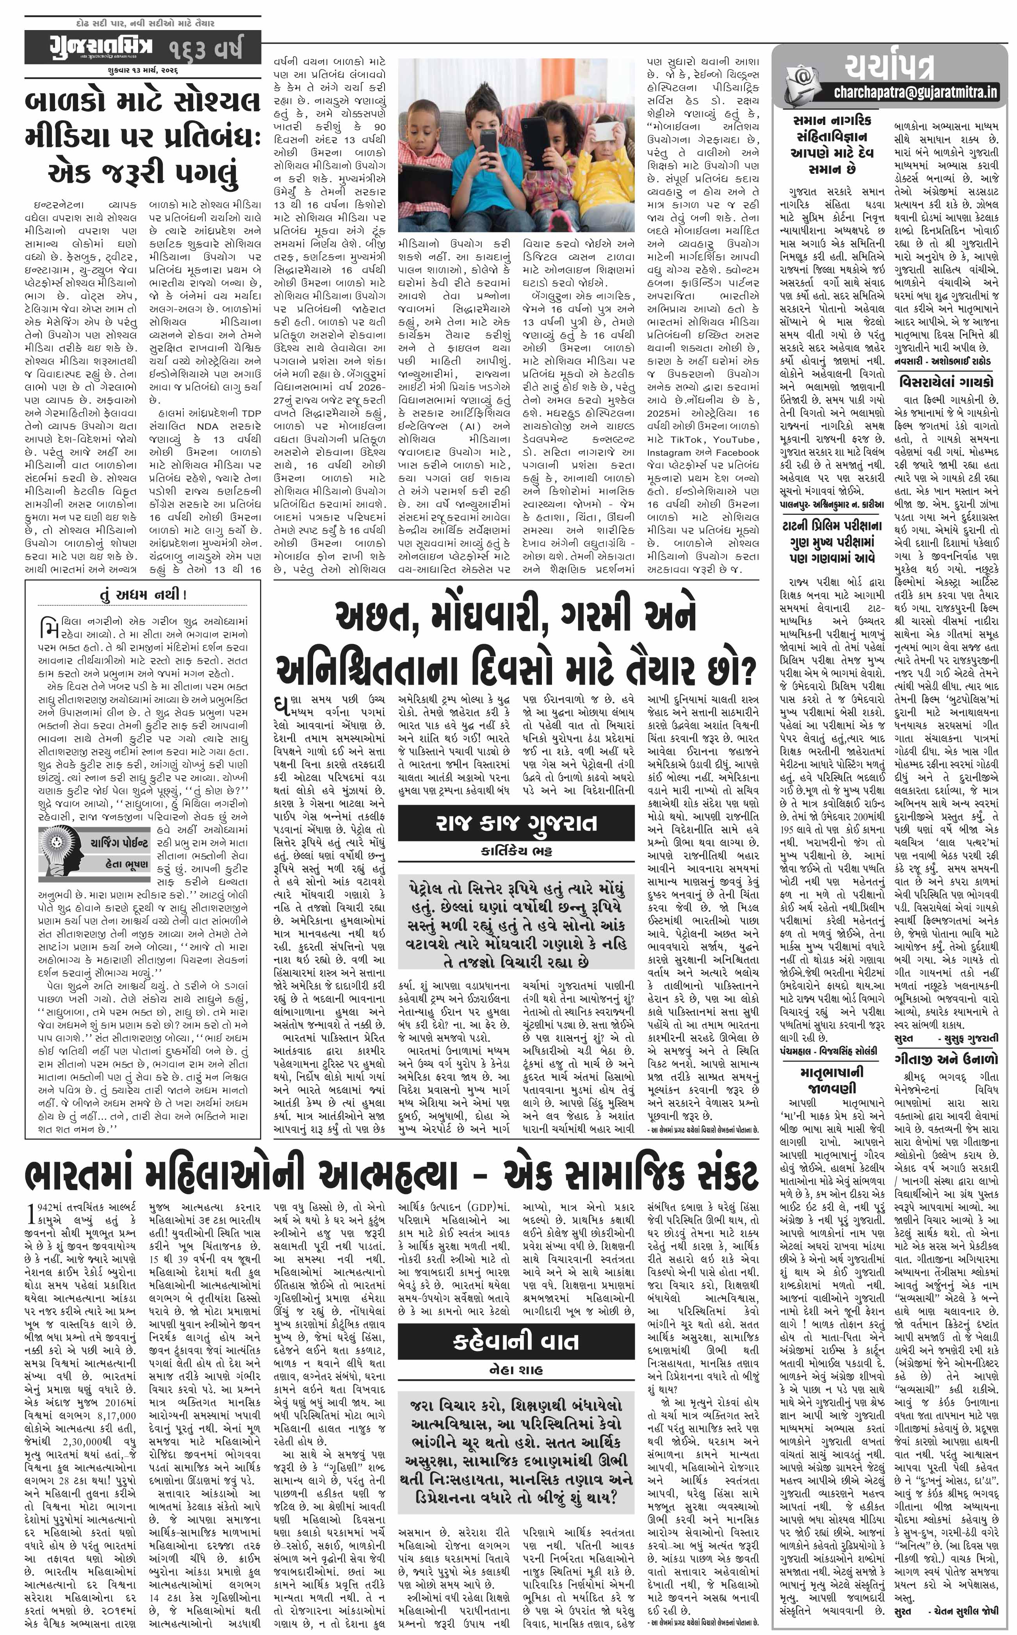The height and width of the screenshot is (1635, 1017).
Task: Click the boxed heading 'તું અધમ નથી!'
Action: [142, 595]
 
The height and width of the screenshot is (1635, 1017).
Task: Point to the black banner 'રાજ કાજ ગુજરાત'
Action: [516, 823]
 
